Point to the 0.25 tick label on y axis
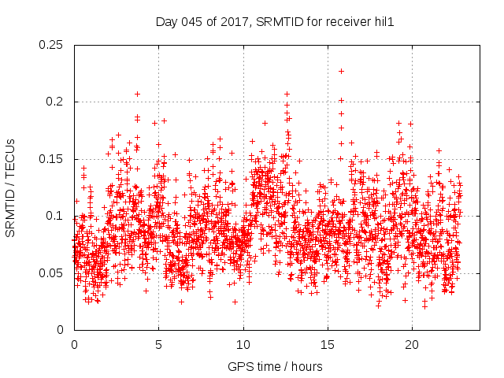51,45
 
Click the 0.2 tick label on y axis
54,102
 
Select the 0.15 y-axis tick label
51,159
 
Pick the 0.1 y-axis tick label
54,216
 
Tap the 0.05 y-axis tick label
51,273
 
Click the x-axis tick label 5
158,345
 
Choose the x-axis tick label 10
243,345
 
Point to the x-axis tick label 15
327,345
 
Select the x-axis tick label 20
411,345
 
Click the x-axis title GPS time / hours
274,366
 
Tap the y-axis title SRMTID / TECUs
11,187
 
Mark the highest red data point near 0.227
341,71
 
